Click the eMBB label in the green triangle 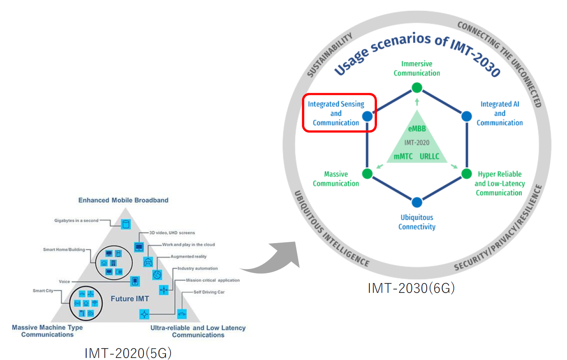coord(417,128)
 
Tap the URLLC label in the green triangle coord(430,156)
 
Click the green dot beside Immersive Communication coord(417,88)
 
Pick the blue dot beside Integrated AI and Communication coord(466,116)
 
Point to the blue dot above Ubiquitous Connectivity coord(417,202)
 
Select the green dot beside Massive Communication coord(367,174)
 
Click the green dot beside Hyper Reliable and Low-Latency coord(466,174)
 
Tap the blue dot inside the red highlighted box coord(367,116)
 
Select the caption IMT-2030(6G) coord(411,288)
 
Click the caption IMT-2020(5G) coord(128,354)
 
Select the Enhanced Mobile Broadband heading coord(123,200)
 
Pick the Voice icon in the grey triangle coord(135,281)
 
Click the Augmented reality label coord(189,257)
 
